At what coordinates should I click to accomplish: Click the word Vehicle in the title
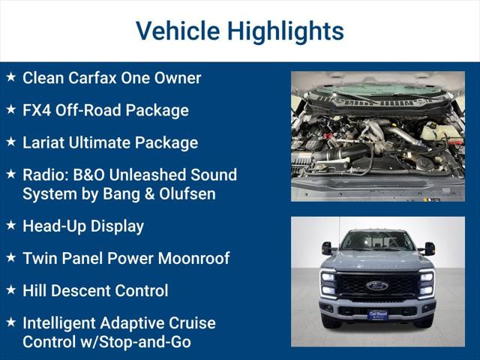(x=177, y=31)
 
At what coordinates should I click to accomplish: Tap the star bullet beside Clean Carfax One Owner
(x=10, y=77)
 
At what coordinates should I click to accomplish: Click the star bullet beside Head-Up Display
(x=10, y=225)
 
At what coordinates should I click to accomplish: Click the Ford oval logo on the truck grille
(x=377, y=286)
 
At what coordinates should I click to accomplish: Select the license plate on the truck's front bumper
(x=377, y=315)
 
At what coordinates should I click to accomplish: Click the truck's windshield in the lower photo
(x=377, y=241)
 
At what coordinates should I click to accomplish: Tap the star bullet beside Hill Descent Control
(x=10, y=290)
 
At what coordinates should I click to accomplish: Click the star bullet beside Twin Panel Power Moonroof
(x=10, y=258)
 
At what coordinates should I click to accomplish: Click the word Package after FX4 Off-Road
(x=157, y=110)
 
